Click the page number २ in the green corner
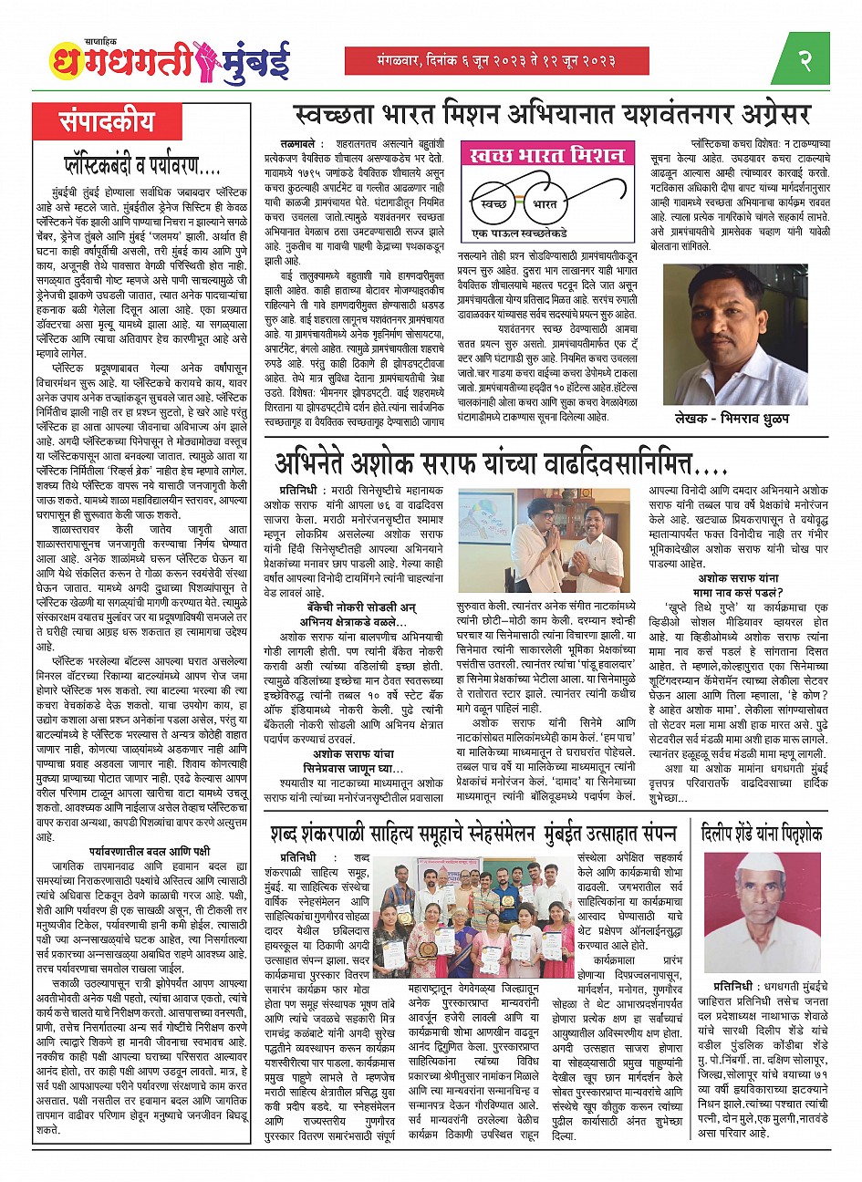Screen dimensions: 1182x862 [805, 61]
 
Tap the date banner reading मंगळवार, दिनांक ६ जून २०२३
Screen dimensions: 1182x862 [496, 61]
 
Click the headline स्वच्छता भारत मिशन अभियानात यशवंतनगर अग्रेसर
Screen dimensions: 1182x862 [552, 116]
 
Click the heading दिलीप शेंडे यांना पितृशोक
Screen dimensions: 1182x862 [762, 832]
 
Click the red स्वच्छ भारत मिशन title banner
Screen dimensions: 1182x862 [547, 155]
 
